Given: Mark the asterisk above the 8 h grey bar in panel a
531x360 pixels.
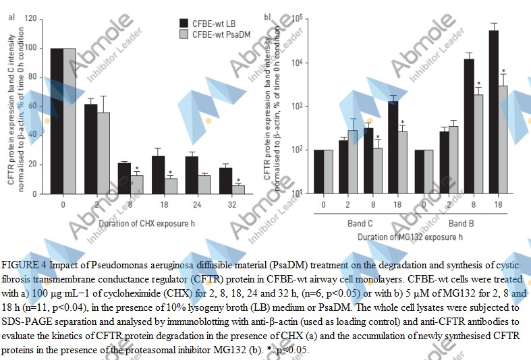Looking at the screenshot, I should [136, 169].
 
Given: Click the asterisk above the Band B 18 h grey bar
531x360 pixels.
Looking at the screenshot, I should [503, 72].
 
